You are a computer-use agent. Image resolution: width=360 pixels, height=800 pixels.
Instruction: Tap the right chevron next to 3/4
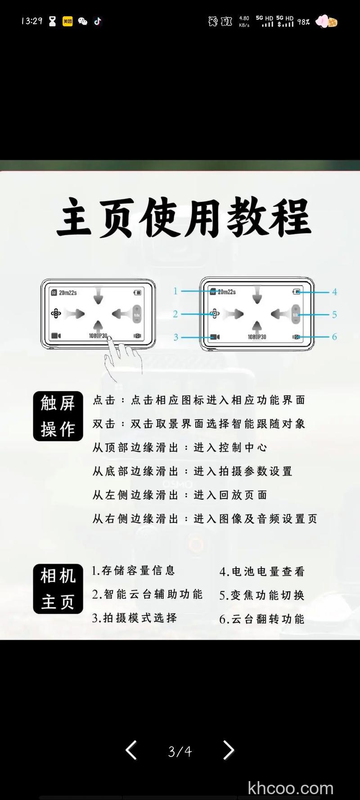(x=229, y=750)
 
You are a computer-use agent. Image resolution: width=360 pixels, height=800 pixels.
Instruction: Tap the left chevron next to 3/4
(x=131, y=750)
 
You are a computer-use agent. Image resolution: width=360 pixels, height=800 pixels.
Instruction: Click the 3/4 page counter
(x=180, y=751)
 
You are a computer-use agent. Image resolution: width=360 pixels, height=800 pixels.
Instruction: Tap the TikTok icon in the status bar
(x=98, y=21)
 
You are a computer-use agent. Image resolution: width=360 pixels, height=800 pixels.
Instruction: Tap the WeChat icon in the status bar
(x=83, y=21)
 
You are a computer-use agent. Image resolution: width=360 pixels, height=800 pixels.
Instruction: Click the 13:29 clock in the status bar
(x=31, y=21)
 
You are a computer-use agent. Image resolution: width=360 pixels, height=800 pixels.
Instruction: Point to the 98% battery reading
(x=303, y=22)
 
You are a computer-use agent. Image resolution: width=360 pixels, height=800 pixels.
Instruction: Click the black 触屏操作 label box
(x=58, y=416)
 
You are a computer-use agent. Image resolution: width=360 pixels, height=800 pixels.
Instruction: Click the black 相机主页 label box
(x=58, y=589)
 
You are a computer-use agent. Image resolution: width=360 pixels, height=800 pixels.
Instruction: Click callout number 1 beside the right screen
(x=175, y=291)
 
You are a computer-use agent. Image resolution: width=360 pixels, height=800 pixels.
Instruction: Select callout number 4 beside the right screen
(x=334, y=292)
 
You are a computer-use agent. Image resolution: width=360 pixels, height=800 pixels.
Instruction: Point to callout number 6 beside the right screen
(x=334, y=337)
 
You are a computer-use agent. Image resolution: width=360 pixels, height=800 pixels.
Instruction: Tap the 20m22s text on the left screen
(x=67, y=292)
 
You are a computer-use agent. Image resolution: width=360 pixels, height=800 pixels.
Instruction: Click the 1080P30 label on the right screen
(x=256, y=337)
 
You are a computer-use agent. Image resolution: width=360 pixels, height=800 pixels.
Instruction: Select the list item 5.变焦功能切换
(x=262, y=595)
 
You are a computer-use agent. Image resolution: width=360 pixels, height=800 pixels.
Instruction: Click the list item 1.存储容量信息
(x=133, y=571)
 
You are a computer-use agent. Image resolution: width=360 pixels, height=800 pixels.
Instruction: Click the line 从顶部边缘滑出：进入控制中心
(x=180, y=447)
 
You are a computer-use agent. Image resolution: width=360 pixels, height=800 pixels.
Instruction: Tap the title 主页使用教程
(x=184, y=217)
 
